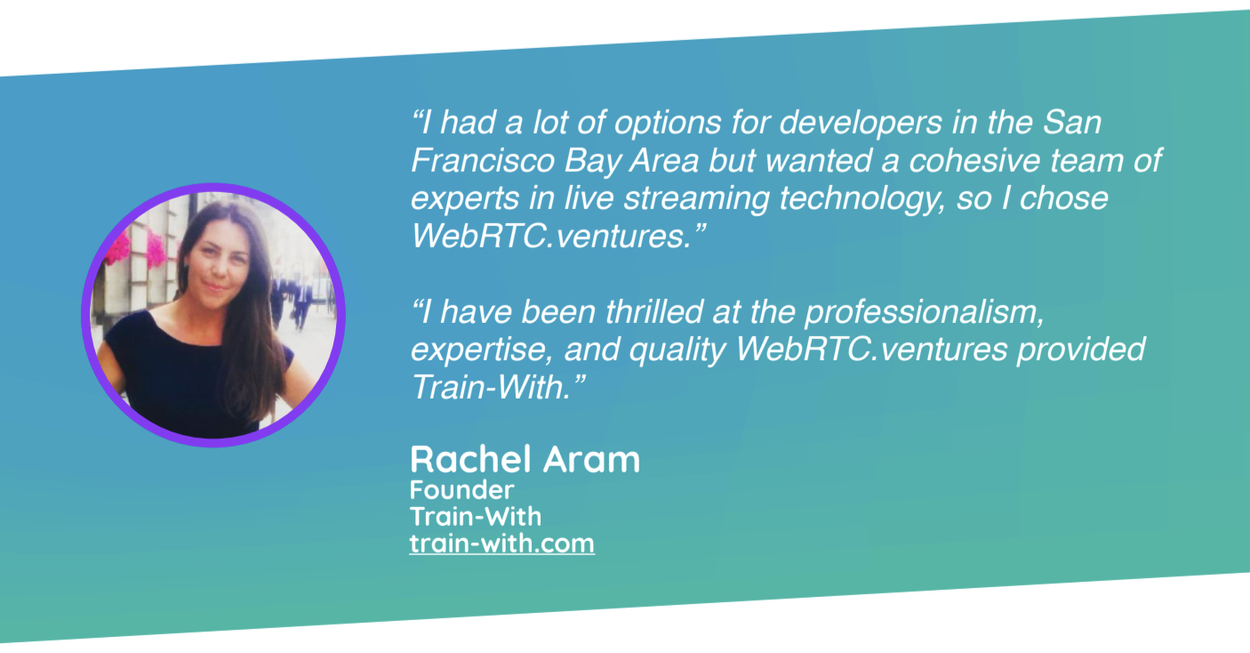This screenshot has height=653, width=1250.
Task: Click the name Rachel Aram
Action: [525, 459]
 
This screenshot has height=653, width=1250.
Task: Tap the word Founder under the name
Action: [461, 490]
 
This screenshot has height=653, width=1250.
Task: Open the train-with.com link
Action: [501, 544]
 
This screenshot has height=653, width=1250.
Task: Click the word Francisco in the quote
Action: [483, 160]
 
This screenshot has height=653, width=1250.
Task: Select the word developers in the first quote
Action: [861, 124]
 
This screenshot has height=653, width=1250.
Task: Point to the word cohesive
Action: [974, 160]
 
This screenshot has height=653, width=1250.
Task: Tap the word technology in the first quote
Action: [862, 199]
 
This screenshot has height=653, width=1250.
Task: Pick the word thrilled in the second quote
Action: [653, 311]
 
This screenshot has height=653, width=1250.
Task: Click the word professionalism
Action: [924, 311]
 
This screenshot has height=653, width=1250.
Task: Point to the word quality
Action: [677, 351]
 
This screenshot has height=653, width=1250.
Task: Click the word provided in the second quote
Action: [1080, 349]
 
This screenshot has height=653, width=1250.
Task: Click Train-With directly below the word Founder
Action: [476, 517]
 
